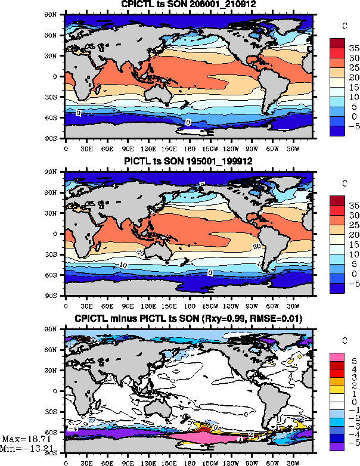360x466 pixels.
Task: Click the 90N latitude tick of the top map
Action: (57, 14)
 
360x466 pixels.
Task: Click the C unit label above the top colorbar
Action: (345, 26)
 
